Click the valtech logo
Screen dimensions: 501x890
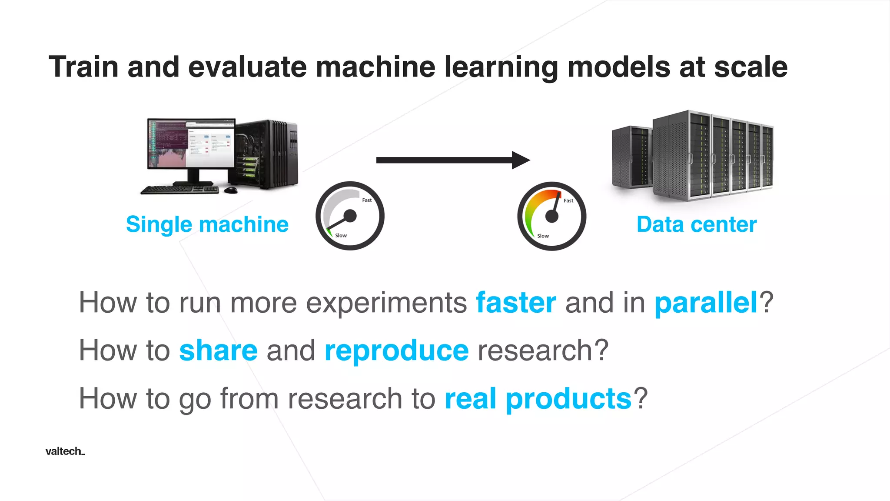[x=65, y=451]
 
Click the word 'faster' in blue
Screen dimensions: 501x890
[x=516, y=303]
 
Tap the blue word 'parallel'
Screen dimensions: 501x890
[x=706, y=303]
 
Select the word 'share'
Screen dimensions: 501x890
[x=218, y=351]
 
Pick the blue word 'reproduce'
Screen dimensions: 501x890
[x=396, y=351]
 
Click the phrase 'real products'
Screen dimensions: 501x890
[x=538, y=398]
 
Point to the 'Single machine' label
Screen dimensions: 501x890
[x=207, y=224]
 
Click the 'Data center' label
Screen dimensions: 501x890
[x=696, y=224]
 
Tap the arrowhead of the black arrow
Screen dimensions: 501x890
[x=520, y=160]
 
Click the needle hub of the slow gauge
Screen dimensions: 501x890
[x=350, y=216]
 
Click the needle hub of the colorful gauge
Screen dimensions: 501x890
[x=551, y=216]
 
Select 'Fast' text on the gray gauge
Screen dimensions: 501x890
[x=367, y=200]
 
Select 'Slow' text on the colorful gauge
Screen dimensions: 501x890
[x=543, y=236]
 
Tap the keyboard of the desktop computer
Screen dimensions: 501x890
[x=179, y=190]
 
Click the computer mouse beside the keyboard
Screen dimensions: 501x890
[x=231, y=190]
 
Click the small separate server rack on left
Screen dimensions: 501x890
[x=631, y=157]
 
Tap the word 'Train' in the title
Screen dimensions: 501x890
[x=83, y=67]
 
